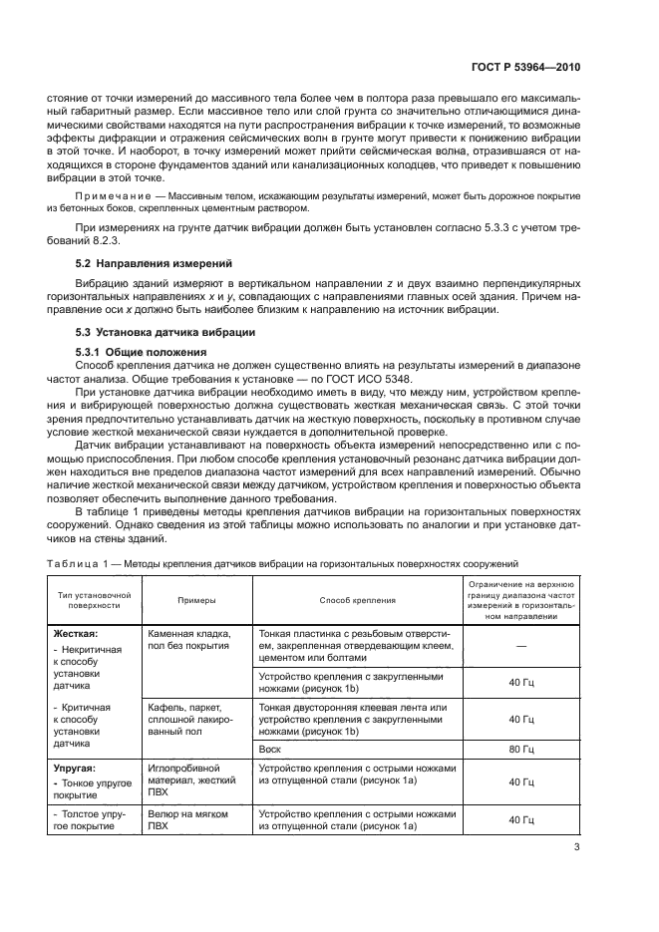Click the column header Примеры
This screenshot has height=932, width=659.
coord(197,601)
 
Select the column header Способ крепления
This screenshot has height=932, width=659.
coord(357,601)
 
